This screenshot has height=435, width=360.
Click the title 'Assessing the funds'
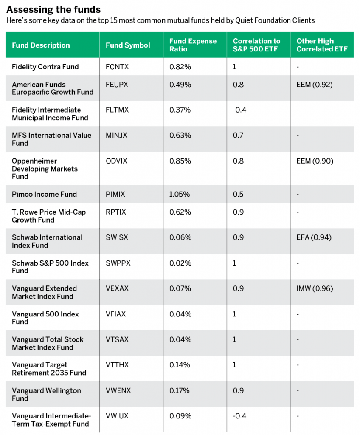(53, 10)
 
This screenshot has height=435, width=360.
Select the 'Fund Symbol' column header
(128, 45)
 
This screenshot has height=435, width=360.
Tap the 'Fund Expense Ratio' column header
(193, 45)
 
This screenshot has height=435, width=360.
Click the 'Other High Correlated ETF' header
(322, 45)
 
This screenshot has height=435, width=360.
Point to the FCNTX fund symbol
(117, 67)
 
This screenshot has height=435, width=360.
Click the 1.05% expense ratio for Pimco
(180, 194)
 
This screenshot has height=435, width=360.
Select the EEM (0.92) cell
(314, 85)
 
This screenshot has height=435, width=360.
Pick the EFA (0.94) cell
(314, 237)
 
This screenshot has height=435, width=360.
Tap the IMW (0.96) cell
(315, 288)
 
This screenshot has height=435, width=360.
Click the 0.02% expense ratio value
(180, 263)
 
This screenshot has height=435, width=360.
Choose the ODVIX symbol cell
(116, 161)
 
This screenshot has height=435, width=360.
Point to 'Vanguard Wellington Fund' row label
(46, 395)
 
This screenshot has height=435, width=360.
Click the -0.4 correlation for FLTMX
(239, 110)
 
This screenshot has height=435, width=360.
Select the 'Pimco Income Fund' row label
(45, 194)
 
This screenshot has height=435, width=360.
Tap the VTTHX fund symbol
(117, 365)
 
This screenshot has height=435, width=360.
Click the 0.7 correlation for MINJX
(238, 136)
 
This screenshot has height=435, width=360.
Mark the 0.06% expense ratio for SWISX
(180, 237)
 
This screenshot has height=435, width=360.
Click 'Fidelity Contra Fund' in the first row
(45, 67)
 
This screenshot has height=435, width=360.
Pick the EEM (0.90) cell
(315, 161)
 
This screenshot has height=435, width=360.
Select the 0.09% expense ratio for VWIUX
(180, 416)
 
